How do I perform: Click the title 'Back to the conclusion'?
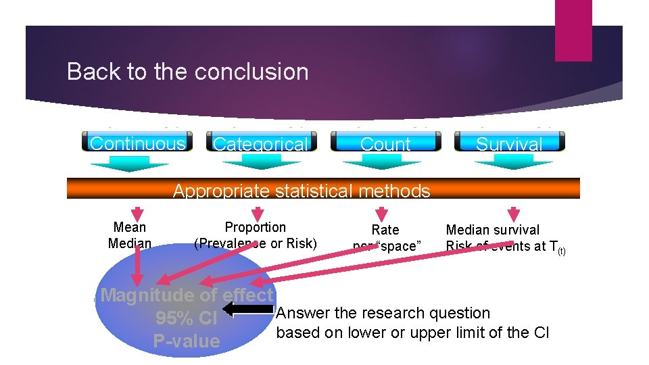187,72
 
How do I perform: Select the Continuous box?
137,142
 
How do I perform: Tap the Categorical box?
260,143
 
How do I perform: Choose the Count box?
385,143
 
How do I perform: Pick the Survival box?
509,143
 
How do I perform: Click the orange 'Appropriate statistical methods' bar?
323,189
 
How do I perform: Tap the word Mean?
130,227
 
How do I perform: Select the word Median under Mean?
130,243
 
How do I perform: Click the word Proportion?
255,227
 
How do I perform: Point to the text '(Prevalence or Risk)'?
255,243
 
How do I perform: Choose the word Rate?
385,230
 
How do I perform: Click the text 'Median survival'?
493,230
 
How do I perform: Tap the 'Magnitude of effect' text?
187,295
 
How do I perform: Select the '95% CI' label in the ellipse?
186,318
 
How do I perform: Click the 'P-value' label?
187,341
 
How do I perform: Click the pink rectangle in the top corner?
573,30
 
